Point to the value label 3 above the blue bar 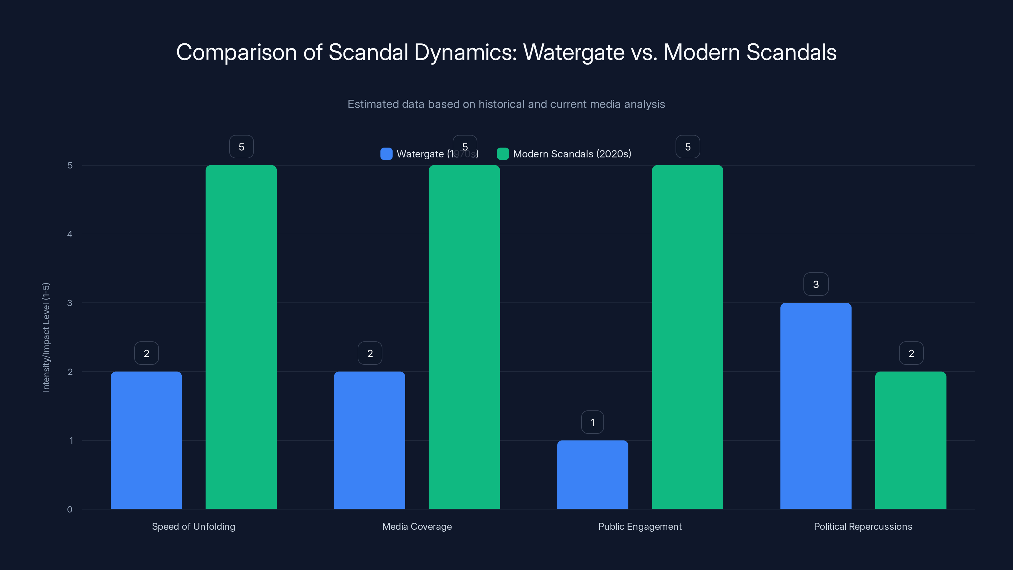coord(815,284)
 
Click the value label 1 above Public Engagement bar coord(592,422)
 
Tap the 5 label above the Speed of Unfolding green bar coord(242,147)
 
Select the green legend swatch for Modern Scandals coord(503,154)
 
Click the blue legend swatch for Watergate coord(386,154)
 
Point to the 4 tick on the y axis coord(70,234)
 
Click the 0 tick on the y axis coord(70,510)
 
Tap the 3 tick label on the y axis coord(70,303)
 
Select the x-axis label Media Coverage coord(417,526)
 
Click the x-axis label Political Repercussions coord(863,526)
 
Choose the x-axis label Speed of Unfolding coord(193,526)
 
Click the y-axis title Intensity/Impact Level coord(46,337)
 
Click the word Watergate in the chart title coord(573,52)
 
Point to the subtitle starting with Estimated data coord(506,104)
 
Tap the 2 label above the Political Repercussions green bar coord(911,353)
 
